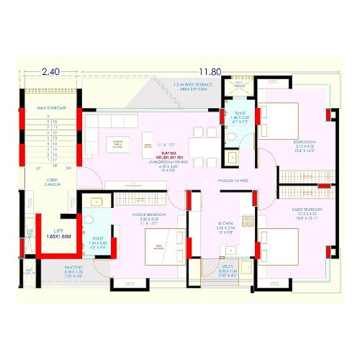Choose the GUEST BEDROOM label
(308, 210)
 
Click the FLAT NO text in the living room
(168, 153)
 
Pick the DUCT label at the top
(240, 86)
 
